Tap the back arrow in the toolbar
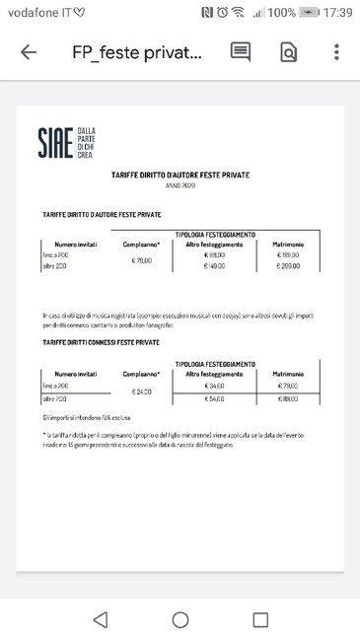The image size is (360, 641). coord(29,53)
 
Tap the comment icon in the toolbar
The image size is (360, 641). coord(241,53)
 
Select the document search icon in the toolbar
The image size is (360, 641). coord(289,53)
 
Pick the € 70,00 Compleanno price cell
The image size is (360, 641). coord(142,260)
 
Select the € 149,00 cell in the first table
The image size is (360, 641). coord(215,266)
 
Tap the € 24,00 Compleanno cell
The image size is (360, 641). coord(142,392)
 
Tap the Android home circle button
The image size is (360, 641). coord(180,619)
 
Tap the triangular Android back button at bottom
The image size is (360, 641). coord(100,619)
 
